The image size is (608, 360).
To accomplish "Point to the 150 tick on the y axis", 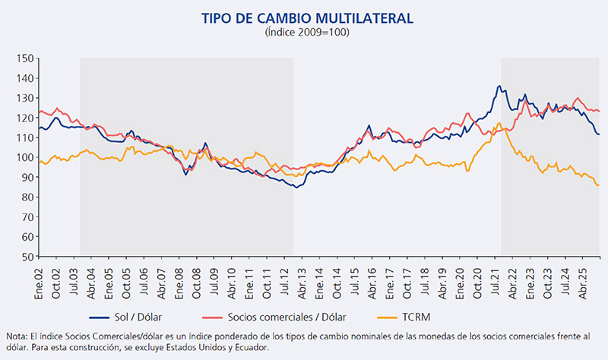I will tap(24, 58).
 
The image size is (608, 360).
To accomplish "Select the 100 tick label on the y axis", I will tap(24, 157).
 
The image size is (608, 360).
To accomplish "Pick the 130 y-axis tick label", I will tap(24, 98).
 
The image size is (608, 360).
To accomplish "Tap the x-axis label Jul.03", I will tap(74, 281).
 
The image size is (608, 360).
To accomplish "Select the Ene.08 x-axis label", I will tap(179, 281).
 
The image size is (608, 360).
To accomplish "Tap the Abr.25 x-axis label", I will tap(582, 281).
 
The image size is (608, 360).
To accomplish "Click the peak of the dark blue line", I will tap(499, 86).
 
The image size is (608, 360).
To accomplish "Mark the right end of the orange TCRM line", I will tap(599, 185).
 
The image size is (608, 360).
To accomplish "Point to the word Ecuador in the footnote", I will tap(246, 347).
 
